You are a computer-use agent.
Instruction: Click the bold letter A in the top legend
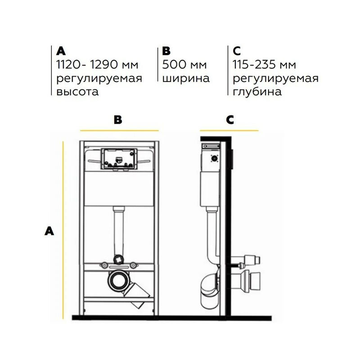(x=61, y=51)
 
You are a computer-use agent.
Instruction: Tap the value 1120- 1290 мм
(x=97, y=64)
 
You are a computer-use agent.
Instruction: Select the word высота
(x=77, y=92)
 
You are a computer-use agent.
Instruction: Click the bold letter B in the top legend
(x=166, y=51)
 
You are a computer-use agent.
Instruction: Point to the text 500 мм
(x=184, y=64)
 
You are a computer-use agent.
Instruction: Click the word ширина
(x=186, y=78)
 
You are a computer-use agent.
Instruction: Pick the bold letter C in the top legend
(x=237, y=51)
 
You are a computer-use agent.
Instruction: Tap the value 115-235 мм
(x=265, y=64)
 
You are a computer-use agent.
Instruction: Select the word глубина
(x=257, y=92)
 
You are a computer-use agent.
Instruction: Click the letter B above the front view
(x=118, y=120)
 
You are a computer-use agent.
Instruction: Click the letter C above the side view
(x=230, y=120)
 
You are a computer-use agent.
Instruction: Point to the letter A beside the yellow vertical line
(x=49, y=231)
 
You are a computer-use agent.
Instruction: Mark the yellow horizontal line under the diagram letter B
(x=119, y=130)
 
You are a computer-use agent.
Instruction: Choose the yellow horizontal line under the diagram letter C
(x=229, y=130)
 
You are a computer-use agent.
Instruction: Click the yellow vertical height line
(x=63, y=230)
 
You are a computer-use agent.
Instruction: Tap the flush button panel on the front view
(x=119, y=159)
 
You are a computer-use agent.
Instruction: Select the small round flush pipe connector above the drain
(x=119, y=259)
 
